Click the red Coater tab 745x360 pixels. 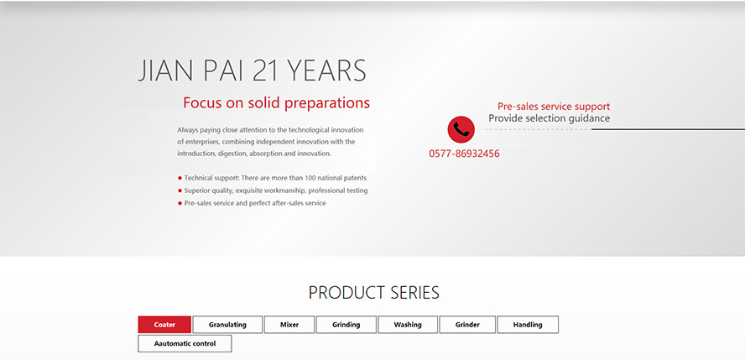[x=164, y=325]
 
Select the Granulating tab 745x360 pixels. [x=227, y=325]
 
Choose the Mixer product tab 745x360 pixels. [x=289, y=325]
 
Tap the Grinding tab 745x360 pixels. [x=346, y=325]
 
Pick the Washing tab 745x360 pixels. [x=408, y=325]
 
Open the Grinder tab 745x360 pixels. [x=467, y=325]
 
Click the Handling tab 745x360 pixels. [x=528, y=325]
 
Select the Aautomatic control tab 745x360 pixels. [x=185, y=343]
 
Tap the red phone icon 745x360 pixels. [x=461, y=129]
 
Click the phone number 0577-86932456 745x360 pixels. [x=464, y=154]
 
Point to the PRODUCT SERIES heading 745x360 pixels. [x=374, y=293]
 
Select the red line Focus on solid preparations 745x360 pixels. [x=277, y=103]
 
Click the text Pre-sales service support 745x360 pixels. [x=554, y=107]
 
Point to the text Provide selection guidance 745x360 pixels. [x=550, y=118]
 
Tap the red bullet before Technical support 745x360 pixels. [x=180, y=178]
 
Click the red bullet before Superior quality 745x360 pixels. [x=180, y=190]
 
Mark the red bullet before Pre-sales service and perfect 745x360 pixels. [x=180, y=203]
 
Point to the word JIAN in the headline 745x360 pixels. [x=165, y=70]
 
